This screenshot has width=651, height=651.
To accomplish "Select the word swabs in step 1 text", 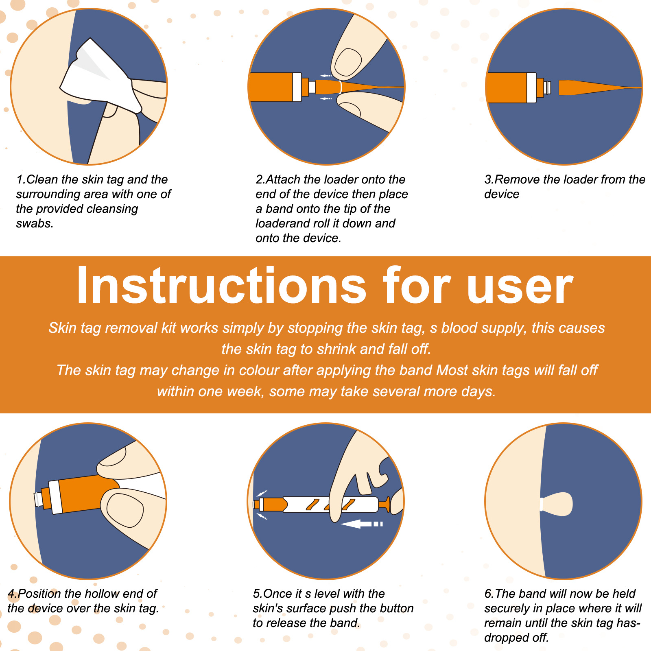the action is [35, 224].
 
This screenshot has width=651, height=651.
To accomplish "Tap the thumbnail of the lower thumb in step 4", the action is [125, 510].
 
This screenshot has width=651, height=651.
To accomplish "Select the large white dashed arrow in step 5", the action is [362, 524].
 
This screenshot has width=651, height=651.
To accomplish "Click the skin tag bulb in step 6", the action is [558, 504].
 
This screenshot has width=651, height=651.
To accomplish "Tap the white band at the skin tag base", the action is [542, 504].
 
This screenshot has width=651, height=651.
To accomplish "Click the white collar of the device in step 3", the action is [531, 87].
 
